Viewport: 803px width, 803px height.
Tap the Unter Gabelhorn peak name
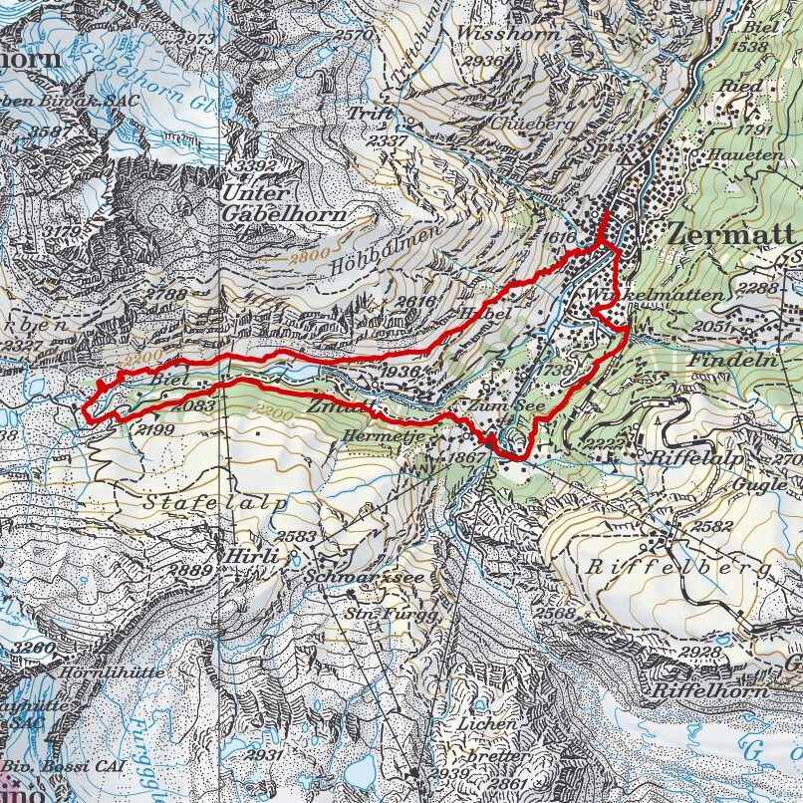pos(284,203)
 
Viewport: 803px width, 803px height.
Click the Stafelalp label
pos(213,503)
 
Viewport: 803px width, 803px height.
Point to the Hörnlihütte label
pos(100,672)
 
